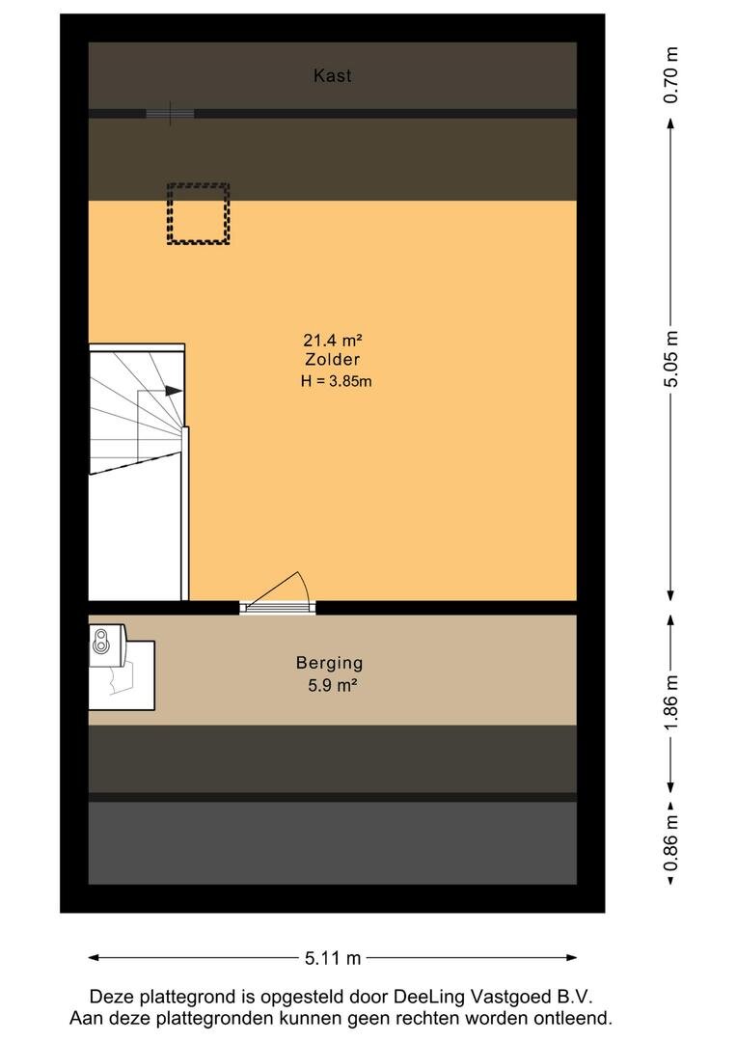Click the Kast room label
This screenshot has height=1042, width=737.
[332, 76]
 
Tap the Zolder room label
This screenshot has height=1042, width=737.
[332, 360]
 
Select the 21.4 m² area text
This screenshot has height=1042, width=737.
[332, 341]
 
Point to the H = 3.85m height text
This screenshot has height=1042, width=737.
[336, 381]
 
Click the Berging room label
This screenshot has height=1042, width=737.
[330, 663]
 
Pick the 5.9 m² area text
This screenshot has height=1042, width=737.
[332, 685]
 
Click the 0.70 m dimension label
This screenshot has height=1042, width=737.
[671, 75]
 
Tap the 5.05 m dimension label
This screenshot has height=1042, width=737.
[671, 360]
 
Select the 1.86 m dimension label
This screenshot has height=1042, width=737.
[671, 701]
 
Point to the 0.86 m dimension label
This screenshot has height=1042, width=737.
[671, 842]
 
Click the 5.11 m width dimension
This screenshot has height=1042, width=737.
[332, 958]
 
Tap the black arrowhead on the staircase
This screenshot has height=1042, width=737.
[173, 391]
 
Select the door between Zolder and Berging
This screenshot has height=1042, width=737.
[278, 593]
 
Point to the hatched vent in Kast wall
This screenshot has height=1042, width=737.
[170, 114]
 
